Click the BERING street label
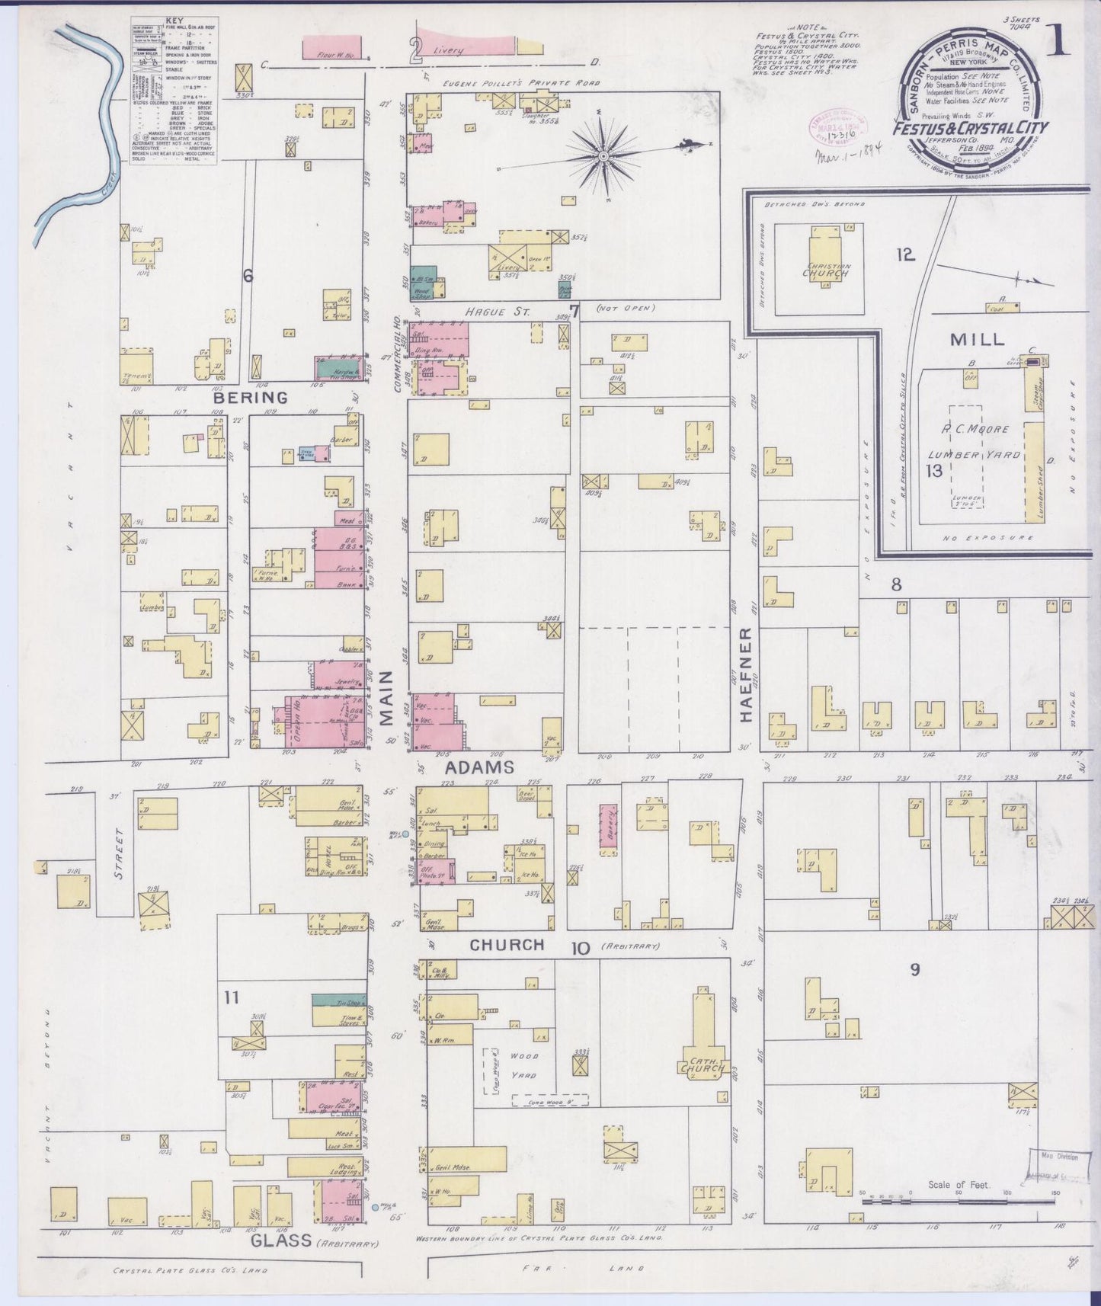coord(239,397)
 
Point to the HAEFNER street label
coord(746,675)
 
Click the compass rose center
coord(603,156)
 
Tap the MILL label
coord(977,340)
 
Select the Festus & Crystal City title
coord(971,128)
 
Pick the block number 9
coord(914,969)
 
